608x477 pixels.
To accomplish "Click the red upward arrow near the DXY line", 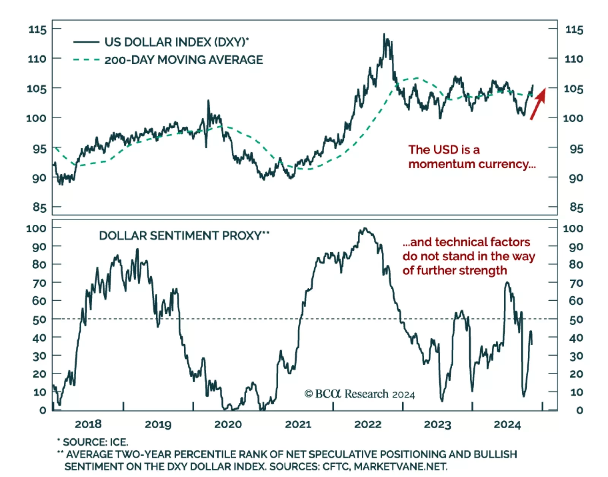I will pos(538,103).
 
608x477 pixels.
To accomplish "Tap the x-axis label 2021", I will pos(298,424).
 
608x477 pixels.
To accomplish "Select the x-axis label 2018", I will pos(88,424).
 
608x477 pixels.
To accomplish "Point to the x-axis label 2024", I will pos(507,424).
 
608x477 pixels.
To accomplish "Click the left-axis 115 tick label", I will pos(37,29).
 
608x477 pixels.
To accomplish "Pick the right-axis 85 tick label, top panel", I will pos(576,207).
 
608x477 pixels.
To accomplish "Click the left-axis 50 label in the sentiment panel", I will pos(39,320).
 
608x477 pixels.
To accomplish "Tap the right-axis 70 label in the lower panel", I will pos(576,283).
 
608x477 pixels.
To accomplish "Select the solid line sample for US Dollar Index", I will pos(86,42).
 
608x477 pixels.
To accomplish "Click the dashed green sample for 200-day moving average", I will pos(86,60).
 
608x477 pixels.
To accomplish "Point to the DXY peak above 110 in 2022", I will pos(384,35).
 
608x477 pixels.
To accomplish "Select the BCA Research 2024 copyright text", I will pos(359,394).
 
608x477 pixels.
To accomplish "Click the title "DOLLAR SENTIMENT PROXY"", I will pos(180,236).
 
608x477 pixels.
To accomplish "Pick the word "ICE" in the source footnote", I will pos(119,442).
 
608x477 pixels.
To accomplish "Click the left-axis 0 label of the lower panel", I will pos(43,410).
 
